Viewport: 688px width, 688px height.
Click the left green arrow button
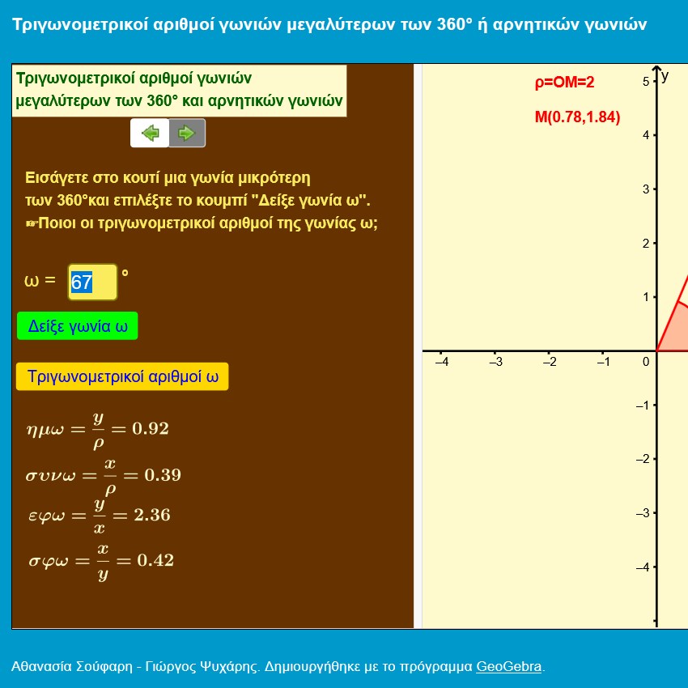click(150, 133)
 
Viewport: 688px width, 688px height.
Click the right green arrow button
click(187, 133)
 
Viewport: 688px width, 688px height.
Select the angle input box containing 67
click(92, 282)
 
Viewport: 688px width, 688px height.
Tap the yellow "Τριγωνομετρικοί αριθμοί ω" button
click(122, 376)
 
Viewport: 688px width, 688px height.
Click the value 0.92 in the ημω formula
click(151, 429)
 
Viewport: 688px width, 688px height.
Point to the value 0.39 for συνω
click(163, 475)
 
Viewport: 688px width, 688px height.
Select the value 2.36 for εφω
click(152, 515)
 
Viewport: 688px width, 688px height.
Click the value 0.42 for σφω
click(155, 560)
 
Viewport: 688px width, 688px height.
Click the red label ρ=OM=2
click(564, 82)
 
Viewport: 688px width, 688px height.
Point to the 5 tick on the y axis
click(646, 82)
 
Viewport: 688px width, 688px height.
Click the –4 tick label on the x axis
click(442, 362)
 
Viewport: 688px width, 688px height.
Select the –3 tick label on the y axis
click(643, 513)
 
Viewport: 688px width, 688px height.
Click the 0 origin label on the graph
click(646, 362)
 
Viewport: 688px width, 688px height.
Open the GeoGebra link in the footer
click(508, 666)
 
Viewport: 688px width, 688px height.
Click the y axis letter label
click(665, 76)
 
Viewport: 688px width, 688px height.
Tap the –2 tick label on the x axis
click(550, 362)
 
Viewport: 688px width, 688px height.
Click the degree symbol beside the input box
click(125, 273)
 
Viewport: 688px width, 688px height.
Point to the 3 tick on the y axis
click(646, 189)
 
